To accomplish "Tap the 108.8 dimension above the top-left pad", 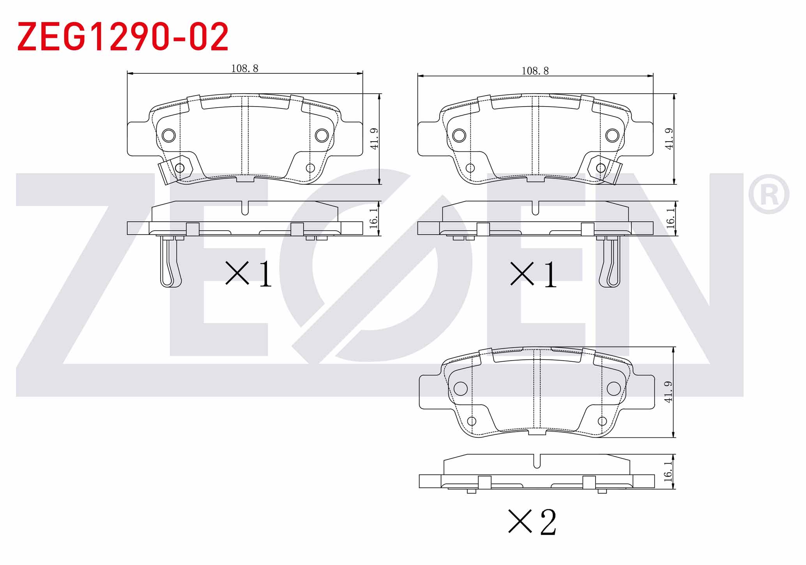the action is (245, 69).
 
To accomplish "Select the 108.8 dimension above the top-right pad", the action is (535, 71).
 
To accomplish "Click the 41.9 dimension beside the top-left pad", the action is (374, 139).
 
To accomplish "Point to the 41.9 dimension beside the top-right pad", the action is (669, 139).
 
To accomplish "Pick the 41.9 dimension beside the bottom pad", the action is (668, 392).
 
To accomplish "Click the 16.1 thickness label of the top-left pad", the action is (373, 218).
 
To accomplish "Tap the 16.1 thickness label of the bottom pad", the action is (668, 471).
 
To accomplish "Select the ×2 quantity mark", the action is (532, 521).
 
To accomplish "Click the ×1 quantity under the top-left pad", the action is (248, 274).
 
